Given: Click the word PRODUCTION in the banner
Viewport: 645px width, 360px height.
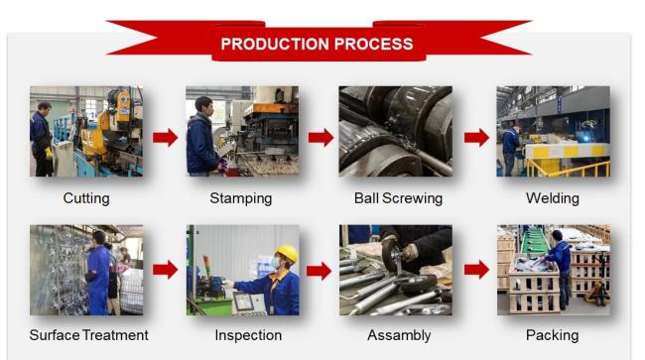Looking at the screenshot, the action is pos(275,44).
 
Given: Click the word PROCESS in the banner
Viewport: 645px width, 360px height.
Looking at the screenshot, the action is pos(373,44).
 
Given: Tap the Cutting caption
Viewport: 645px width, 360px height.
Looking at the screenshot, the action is pos(86,198).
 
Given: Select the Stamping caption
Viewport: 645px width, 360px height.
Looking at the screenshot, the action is pos(241,198).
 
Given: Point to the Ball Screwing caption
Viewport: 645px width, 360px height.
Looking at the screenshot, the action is pos(398,198).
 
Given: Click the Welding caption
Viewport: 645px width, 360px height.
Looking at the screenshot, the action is pos(553,198).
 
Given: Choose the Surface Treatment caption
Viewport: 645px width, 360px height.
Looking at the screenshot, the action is pos(89,335).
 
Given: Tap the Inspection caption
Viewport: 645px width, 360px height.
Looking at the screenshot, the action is pos(248,336).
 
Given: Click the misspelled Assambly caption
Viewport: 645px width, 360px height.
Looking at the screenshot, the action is pos(399,336).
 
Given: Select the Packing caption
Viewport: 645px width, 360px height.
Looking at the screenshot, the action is pos(553,336).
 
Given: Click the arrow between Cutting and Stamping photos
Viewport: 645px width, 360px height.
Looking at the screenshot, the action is pos(166,137).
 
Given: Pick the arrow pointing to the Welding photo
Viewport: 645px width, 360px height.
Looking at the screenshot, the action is pos(476,137).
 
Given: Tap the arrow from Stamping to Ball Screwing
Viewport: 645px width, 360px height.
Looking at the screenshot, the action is pos(321,137).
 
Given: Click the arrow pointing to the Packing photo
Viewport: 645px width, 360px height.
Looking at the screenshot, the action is pos(476,270).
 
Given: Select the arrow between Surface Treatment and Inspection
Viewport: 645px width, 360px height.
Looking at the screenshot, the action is pos(166,270).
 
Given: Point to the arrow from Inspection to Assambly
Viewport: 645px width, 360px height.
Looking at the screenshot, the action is pos(320,271).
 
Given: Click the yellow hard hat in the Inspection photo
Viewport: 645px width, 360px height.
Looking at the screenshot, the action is pos(287,253).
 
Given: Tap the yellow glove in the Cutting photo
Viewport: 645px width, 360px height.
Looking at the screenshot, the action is pos(49,154).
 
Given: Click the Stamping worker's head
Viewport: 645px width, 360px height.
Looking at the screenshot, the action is pos(204,106).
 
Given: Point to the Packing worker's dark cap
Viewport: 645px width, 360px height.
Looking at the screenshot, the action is pos(557,235).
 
